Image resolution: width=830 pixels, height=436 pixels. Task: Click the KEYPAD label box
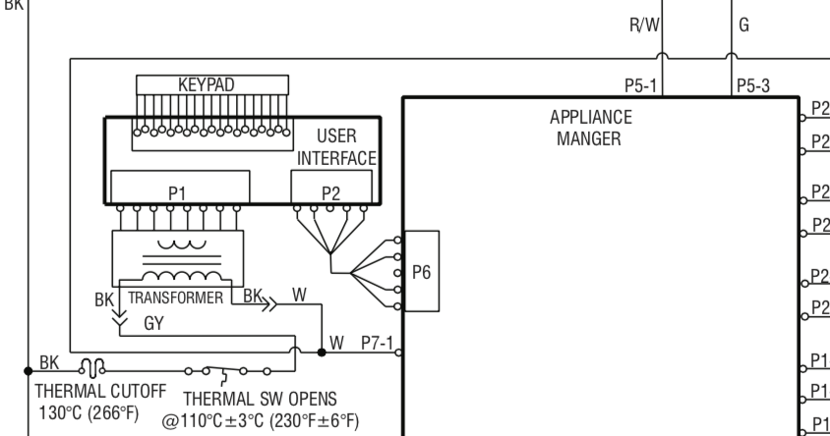(x=206, y=84)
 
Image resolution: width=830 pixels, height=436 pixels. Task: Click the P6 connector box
(x=420, y=272)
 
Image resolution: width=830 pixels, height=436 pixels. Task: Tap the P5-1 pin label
(x=640, y=84)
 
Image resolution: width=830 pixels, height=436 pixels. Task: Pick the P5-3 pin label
(x=754, y=84)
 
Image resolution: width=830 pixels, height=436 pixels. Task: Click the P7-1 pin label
(x=376, y=342)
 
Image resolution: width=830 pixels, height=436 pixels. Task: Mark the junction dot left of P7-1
(x=322, y=351)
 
